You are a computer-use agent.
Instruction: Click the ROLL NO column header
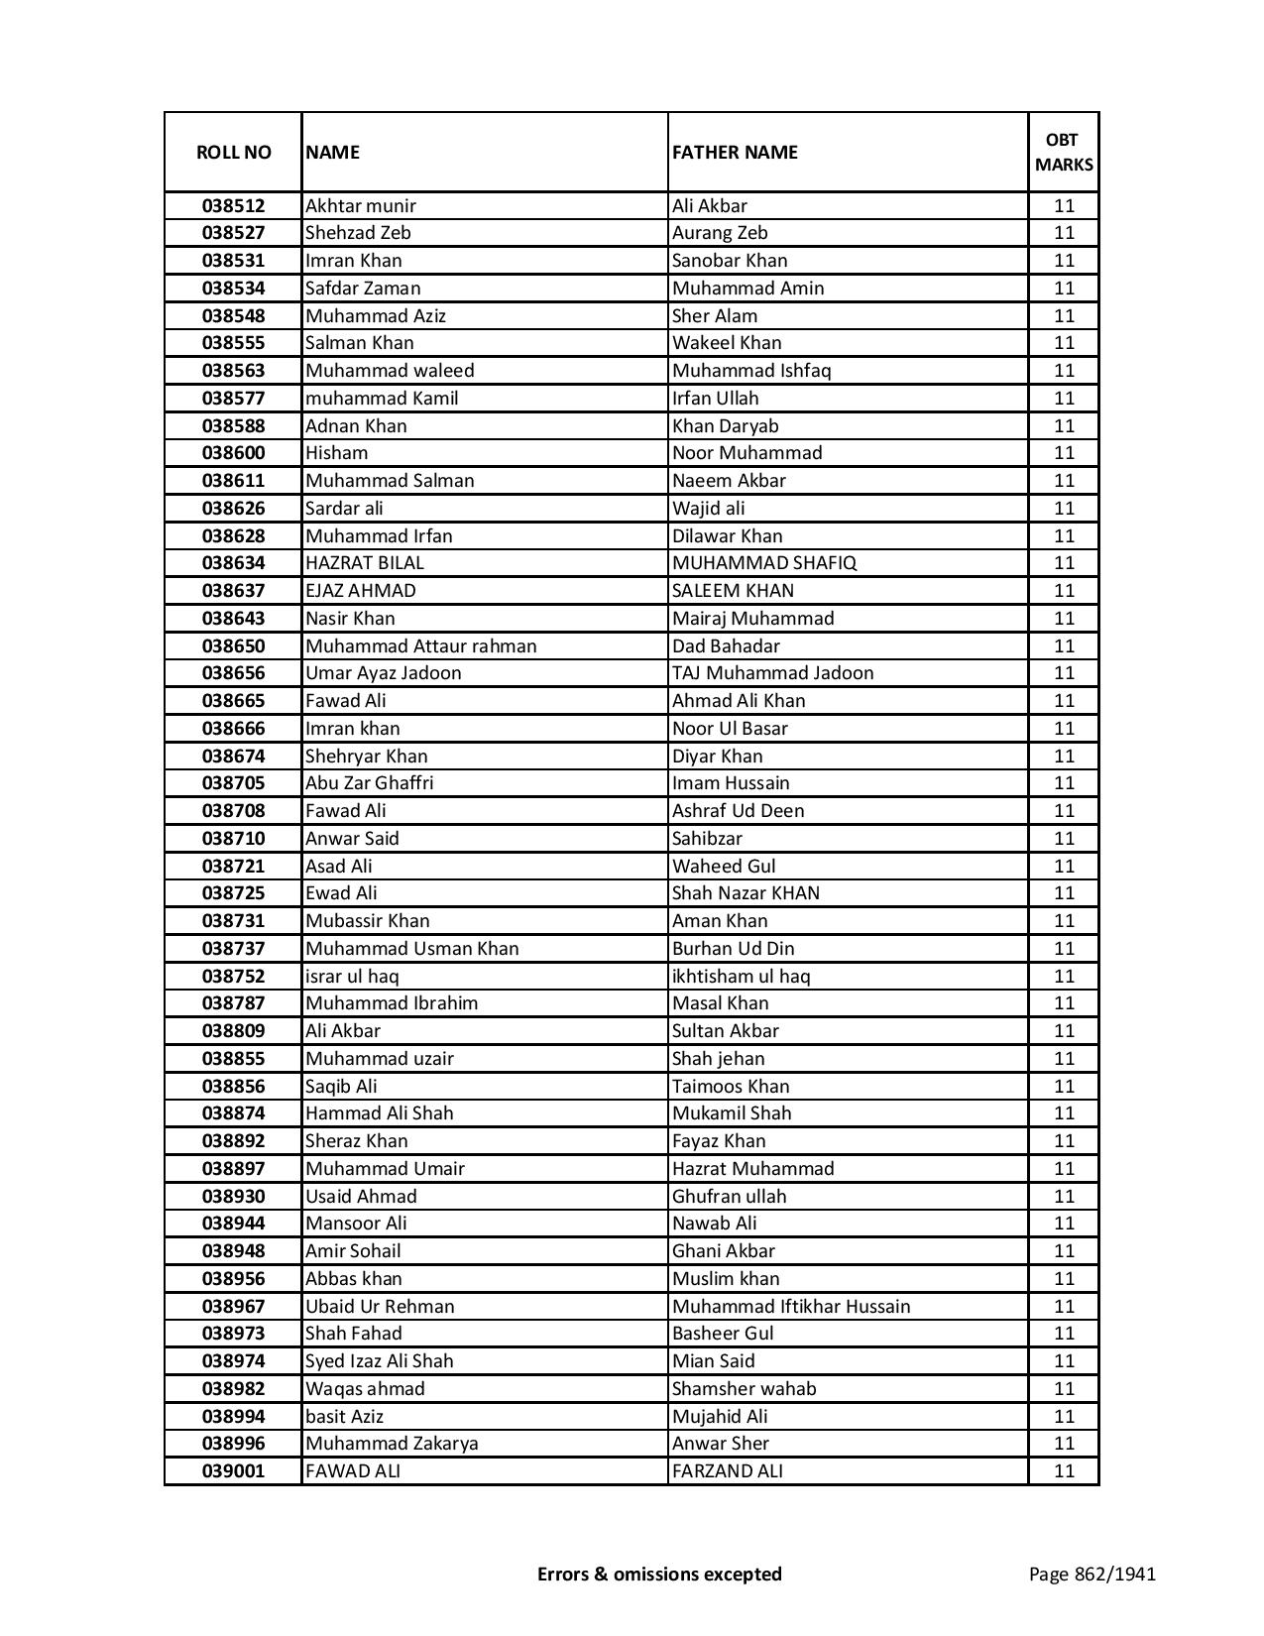[233, 152]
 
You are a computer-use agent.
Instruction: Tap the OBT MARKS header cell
[1064, 152]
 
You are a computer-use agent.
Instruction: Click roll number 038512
[233, 206]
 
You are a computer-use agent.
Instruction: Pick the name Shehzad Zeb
[358, 233]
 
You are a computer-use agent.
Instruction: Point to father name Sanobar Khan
[730, 261]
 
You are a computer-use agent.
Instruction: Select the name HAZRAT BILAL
[365, 563]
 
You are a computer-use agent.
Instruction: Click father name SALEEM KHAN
[733, 591]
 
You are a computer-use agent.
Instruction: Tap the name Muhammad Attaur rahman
[421, 646]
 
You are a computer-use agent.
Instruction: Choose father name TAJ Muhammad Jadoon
[773, 673]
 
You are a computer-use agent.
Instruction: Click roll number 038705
[233, 783]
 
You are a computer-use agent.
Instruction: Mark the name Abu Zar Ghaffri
[370, 783]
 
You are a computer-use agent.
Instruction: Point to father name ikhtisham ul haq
[742, 977]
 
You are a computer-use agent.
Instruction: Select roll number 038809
[233, 1031]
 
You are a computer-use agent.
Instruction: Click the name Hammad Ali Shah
[380, 1113]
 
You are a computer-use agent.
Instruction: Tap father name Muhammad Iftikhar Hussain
[791, 1307]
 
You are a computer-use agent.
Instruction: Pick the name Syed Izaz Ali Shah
[380, 1361]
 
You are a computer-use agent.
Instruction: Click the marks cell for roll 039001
[1064, 1471]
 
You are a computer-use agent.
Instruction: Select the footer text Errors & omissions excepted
[659, 1574]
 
